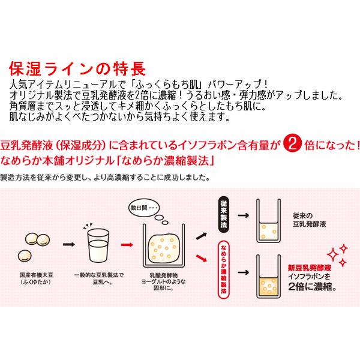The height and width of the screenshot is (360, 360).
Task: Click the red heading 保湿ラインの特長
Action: click(77, 68)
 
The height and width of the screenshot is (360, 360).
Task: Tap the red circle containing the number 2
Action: click(292, 145)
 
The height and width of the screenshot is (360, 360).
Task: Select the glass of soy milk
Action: click(98, 246)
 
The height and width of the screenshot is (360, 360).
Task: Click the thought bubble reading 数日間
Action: click(144, 208)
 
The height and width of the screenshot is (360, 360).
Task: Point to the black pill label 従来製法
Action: click(224, 215)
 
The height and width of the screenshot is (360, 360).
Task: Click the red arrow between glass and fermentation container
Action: click(127, 245)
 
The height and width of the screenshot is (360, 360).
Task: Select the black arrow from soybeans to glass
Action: click(69, 244)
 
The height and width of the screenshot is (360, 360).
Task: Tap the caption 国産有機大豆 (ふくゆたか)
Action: click(36, 278)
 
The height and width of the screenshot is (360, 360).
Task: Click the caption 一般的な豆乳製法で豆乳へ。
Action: click(99, 278)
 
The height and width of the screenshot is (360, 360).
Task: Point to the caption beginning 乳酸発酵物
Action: click(163, 281)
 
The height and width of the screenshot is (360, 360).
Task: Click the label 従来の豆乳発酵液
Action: click(309, 220)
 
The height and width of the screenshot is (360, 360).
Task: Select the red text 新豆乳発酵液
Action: click(310, 268)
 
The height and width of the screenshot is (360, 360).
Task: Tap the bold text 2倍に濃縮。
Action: click(312, 286)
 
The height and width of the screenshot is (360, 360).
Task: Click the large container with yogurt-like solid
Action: click(164, 245)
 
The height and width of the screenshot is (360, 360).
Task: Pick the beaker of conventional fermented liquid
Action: click(268, 221)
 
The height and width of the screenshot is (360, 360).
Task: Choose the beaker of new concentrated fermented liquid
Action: click(268, 277)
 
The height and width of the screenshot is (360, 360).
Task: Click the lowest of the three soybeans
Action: click(25, 256)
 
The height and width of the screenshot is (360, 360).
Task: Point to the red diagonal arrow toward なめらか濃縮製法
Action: click(202, 258)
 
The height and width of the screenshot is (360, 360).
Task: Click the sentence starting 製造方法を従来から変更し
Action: click(104, 178)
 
